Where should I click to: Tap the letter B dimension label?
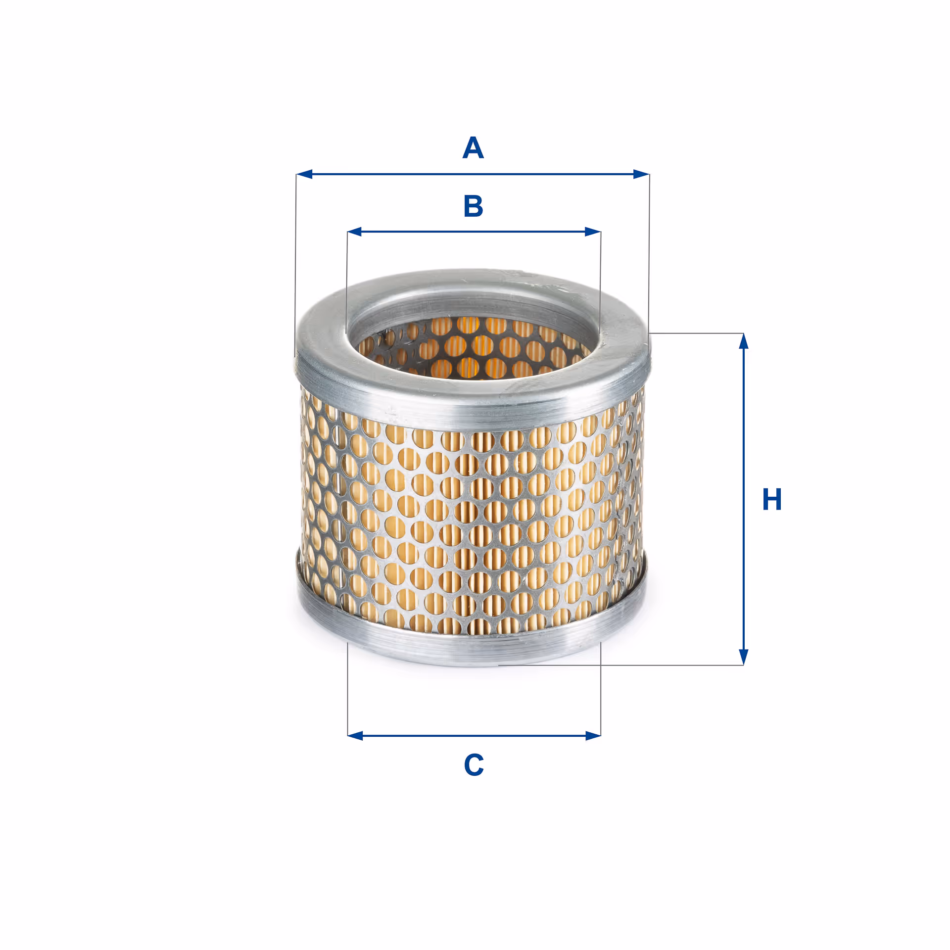click(474, 206)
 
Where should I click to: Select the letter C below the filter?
click(474, 765)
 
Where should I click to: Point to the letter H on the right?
click(772, 499)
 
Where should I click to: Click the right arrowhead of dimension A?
click(641, 174)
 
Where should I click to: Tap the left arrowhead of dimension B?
click(355, 232)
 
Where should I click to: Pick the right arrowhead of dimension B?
click(593, 232)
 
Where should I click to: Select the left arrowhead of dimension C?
click(355, 736)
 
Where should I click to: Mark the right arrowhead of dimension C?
click(593, 736)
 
